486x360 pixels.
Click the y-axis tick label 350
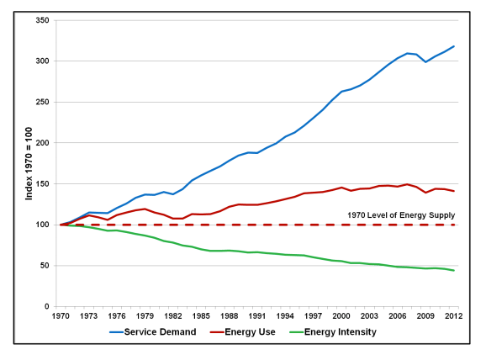(42, 19)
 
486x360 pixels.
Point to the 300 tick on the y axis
(42, 61)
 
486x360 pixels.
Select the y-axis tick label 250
(42, 102)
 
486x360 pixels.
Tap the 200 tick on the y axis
(42, 143)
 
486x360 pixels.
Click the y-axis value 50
(45, 266)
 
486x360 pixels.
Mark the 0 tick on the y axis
(47, 306)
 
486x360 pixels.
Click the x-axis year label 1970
(61, 316)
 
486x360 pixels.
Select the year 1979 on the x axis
(145, 316)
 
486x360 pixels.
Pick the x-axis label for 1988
(230, 316)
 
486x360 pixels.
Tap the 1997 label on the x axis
(314, 316)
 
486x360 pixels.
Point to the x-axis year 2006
(398, 316)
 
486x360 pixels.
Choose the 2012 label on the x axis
(454, 316)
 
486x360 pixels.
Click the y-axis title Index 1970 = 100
(29, 163)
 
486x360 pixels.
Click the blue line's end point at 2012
(454, 46)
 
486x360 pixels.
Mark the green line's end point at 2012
(454, 270)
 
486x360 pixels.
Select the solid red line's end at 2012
(454, 191)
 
